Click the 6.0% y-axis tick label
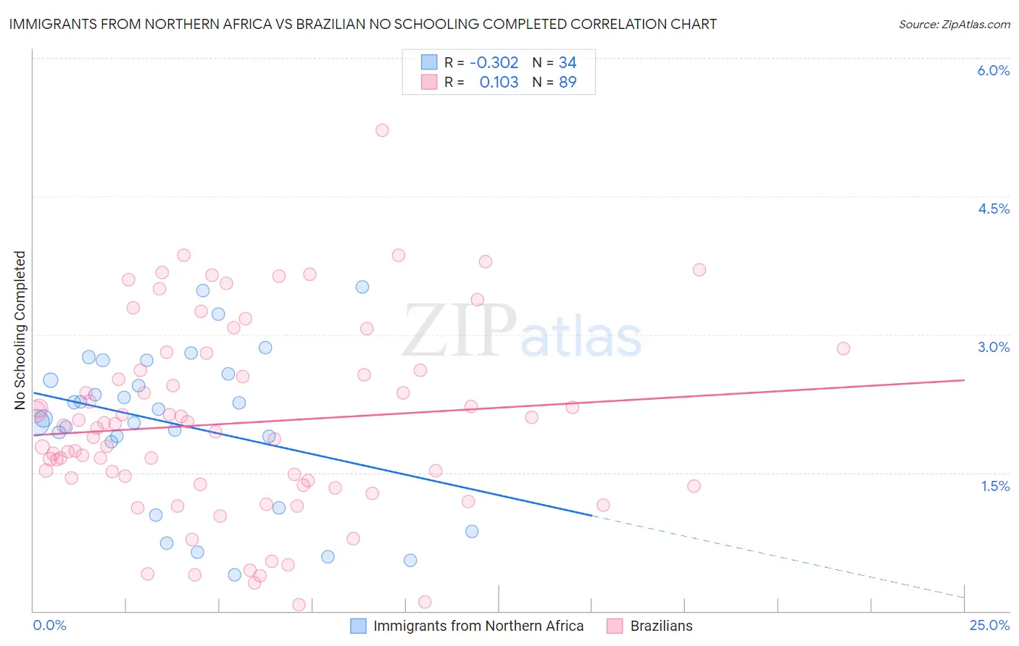coord(993,70)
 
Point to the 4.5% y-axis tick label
coord(993,209)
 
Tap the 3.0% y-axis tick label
coord(993,347)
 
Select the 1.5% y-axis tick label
coord(995,486)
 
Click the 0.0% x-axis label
coord(49,625)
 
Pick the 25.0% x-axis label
coord(989,625)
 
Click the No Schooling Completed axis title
coord(20,330)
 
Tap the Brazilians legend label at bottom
coord(661,626)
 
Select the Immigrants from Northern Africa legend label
coord(478,626)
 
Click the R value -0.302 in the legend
coord(494,63)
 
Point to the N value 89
coord(567,83)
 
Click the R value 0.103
coord(499,83)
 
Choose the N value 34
coord(567,63)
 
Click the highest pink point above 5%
coord(382,130)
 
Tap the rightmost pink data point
coord(843,348)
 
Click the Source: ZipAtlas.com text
coord(954,25)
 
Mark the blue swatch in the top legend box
coord(429,63)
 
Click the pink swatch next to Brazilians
coord(615,626)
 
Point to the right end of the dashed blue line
coord(964,597)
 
